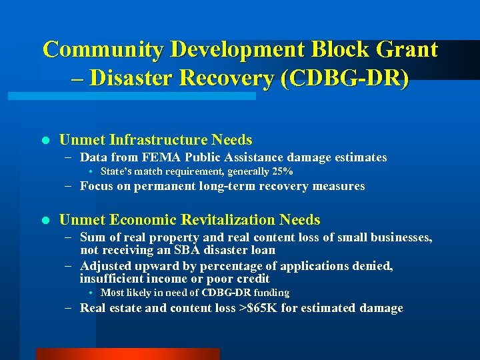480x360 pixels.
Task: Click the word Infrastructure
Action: pyautogui.click(x=159, y=140)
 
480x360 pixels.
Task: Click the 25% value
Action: pyautogui.click(x=282, y=172)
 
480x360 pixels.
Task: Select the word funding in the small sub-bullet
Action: pyautogui.click(x=271, y=293)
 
